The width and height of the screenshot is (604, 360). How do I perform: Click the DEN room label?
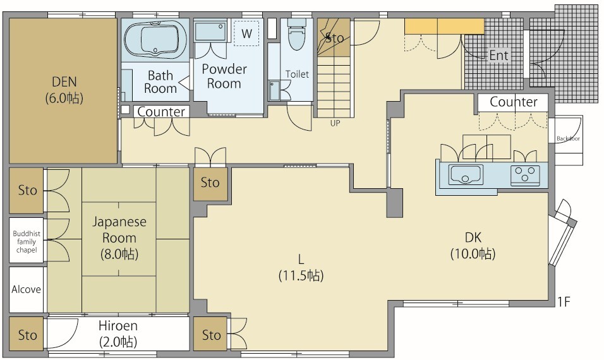(64, 90)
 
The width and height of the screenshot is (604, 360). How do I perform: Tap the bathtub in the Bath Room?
(155, 40)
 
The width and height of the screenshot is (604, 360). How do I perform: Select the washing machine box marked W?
(246, 33)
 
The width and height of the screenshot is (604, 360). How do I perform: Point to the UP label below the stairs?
(335, 124)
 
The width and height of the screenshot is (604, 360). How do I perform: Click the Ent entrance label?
(499, 56)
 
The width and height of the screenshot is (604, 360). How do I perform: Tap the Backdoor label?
(568, 138)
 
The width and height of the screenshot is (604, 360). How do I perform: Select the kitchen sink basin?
(466, 175)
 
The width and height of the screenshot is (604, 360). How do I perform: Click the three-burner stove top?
(524, 175)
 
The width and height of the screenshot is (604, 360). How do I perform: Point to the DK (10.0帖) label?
(473, 245)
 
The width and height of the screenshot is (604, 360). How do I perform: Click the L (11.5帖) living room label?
(301, 267)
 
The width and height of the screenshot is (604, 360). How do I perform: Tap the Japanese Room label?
(119, 237)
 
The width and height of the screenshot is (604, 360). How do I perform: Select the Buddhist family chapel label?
(27, 242)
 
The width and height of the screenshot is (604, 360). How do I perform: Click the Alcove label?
(26, 289)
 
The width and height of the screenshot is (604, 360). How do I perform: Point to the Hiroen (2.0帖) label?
(118, 333)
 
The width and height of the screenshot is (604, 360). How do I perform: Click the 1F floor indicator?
(563, 302)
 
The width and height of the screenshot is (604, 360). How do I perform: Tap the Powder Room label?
(224, 76)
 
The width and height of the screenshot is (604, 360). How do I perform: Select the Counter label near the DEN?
(161, 112)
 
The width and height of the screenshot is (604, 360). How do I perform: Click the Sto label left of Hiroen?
(27, 335)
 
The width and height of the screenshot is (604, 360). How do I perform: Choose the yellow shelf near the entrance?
(444, 27)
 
